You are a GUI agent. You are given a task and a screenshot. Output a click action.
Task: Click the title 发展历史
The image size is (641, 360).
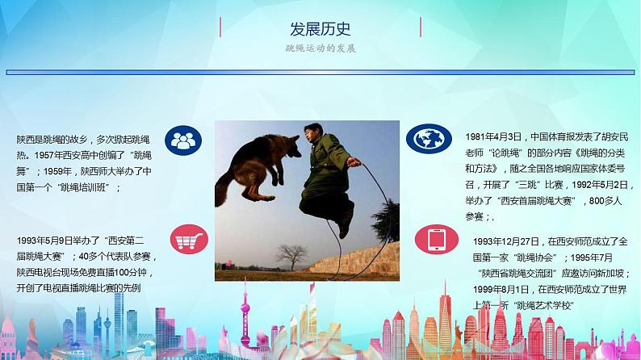[320, 30]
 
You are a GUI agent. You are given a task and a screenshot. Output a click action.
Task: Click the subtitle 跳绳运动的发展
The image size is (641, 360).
[320, 48]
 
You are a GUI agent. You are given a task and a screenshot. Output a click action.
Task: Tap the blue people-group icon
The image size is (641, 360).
[185, 140]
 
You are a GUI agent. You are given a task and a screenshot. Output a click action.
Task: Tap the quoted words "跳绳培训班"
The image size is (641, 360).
[86, 187]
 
